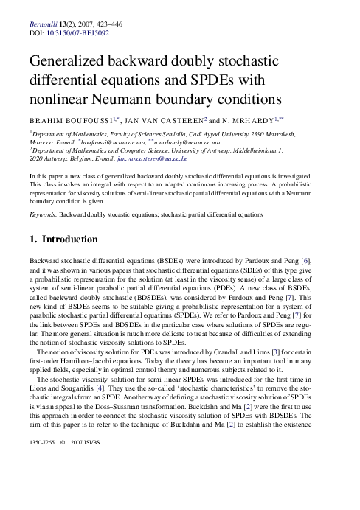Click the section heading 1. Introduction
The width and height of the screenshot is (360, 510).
pyautogui.click(x=63, y=240)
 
